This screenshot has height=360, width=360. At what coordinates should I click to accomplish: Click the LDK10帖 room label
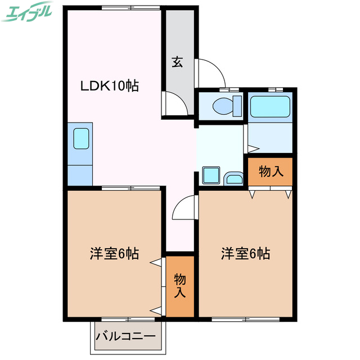click(109, 86)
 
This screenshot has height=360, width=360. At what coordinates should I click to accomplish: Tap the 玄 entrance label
click(177, 62)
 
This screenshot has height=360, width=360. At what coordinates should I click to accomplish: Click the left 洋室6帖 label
click(114, 254)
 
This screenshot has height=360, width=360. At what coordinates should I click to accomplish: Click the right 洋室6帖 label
click(245, 254)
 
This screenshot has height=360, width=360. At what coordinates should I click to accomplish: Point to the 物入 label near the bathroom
click(271, 172)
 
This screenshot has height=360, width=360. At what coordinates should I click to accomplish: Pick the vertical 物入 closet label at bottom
click(179, 285)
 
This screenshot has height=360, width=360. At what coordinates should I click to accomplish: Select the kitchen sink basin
click(81, 138)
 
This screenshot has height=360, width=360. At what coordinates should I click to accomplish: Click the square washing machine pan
click(211, 175)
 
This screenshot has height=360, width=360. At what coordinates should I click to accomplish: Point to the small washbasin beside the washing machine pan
click(233, 179)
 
